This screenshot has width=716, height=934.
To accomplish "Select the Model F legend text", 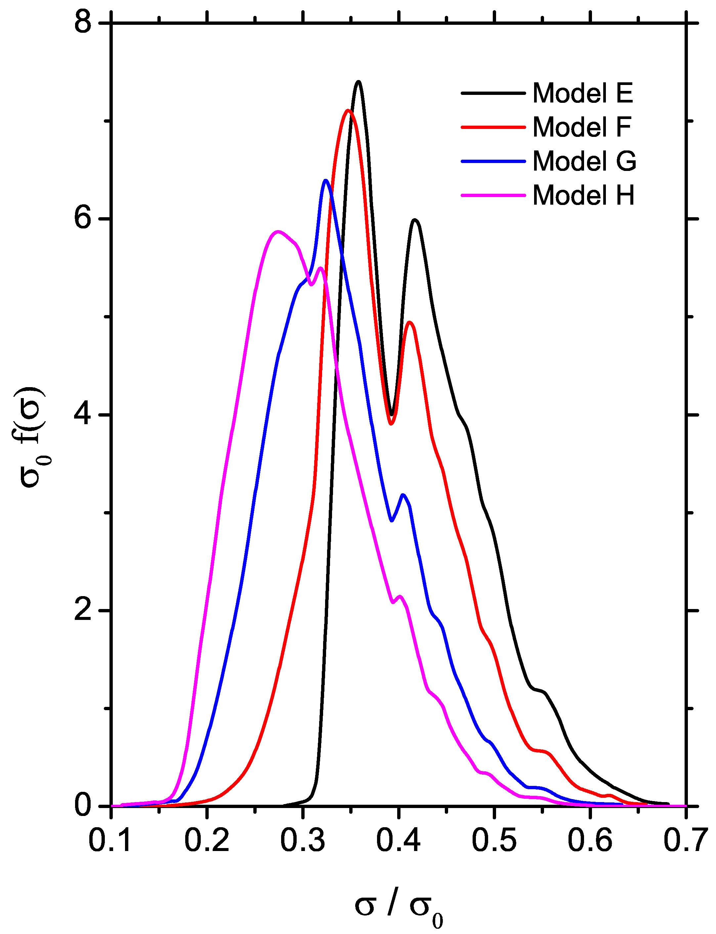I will (x=582, y=127).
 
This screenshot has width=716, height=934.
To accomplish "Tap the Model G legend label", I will (x=584, y=161).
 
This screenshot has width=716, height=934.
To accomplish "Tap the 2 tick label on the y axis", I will (x=83, y=611).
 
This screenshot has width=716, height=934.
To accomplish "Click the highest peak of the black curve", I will (x=358, y=81).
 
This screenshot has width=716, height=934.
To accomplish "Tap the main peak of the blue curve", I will (x=326, y=180).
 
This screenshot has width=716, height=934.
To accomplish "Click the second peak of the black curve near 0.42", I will (x=415, y=220).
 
